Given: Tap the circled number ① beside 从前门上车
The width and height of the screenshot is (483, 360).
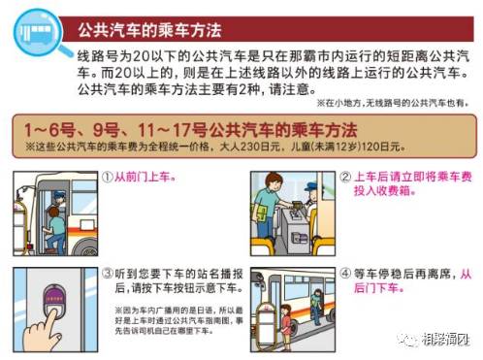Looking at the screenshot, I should [x=108, y=179].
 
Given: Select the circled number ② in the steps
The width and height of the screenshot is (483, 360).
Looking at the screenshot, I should [x=346, y=179].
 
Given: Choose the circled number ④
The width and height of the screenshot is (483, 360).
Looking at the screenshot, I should [x=346, y=274].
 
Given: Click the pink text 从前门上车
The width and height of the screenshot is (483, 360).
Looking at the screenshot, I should [x=145, y=179].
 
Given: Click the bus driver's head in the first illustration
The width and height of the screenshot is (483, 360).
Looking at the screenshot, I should [x=59, y=199].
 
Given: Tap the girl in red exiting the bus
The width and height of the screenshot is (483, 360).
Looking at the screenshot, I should [x=288, y=319].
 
